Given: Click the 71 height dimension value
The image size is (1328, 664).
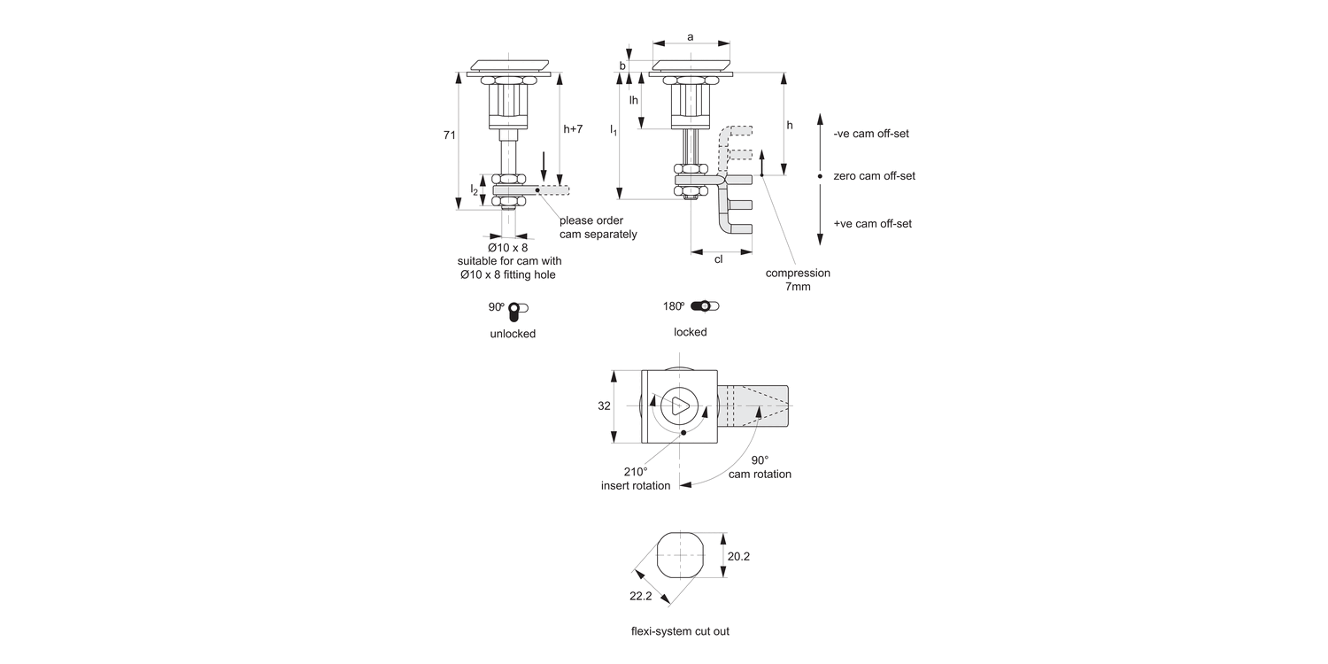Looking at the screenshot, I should pyautogui.click(x=450, y=135).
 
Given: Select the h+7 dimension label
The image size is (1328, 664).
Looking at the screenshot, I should pyautogui.click(x=573, y=129).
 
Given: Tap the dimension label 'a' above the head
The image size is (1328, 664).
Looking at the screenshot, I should pyautogui.click(x=691, y=36).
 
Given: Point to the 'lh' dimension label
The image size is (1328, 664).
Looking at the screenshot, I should pyautogui.click(x=634, y=100).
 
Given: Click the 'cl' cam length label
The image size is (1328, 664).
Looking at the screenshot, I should pyautogui.click(x=718, y=259).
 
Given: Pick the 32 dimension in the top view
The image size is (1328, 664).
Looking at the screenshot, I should pyautogui.click(x=604, y=405).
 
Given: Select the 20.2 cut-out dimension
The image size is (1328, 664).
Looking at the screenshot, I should pyautogui.click(x=738, y=557).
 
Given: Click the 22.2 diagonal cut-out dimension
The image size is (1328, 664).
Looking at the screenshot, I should pyautogui.click(x=640, y=596).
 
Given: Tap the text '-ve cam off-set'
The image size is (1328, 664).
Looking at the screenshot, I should pyautogui.click(x=871, y=134).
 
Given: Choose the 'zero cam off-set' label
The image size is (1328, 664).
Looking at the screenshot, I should pyautogui.click(x=874, y=176).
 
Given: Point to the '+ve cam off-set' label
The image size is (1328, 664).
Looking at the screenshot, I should pyautogui.click(x=872, y=224).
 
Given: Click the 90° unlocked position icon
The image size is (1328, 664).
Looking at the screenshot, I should pyautogui.click(x=517, y=310).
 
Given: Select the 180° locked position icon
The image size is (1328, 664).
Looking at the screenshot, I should pyautogui.click(x=705, y=306).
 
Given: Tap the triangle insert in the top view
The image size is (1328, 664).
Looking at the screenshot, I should pyautogui.click(x=680, y=406).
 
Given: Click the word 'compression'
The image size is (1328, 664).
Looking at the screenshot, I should pyautogui.click(x=798, y=274).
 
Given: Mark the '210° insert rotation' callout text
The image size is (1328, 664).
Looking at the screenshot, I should pyautogui.click(x=636, y=479).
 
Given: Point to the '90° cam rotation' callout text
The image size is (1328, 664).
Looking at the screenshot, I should pyautogui.click(x=760, y=467).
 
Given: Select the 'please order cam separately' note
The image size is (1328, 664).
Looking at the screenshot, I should pyautogui.click(x=598, y=228).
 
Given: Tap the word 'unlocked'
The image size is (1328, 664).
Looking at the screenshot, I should pyautogui.click(x=513, y=334).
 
